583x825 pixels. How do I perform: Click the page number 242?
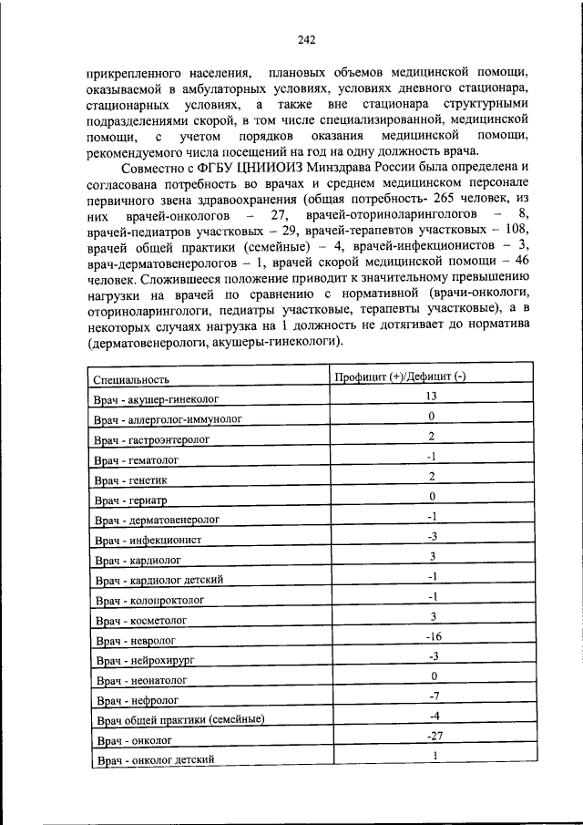pyautogui.click(x=306, y=39)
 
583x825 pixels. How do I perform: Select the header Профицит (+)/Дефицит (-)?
pyautogui.click(x=400, y=377)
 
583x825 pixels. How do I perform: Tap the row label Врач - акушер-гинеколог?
pyautogui.click(x=156, y=399)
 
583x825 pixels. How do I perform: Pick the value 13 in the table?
pyautogui.click(x=434, y=397)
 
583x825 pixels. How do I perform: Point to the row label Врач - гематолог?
pyautogui.click(x=136, y=459)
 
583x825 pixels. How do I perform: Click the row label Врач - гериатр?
pyautogui.click(x=133, y=500)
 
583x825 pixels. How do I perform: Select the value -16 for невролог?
pyautogui.click(x=434, y=636)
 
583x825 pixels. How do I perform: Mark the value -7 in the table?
pyautogui.click(x=434, y=696)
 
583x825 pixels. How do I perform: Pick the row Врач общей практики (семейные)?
pyautogui.click(x=179, y=720)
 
